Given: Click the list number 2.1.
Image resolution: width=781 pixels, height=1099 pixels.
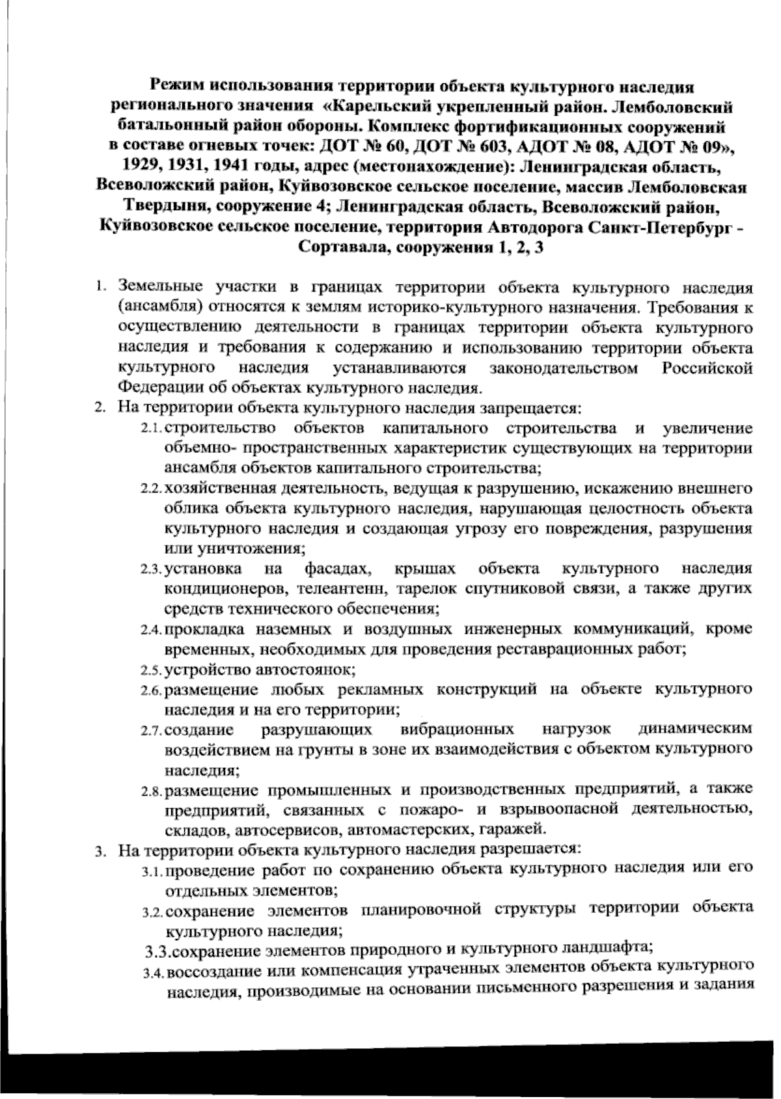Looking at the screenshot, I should (x=151, y=429).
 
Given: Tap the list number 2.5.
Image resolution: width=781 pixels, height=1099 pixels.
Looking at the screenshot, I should (x=151, y=670).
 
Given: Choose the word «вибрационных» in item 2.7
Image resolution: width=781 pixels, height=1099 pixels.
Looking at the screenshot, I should (x=467, y=729).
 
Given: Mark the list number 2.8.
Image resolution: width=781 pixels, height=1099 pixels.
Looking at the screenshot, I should (x=151, y=791).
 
